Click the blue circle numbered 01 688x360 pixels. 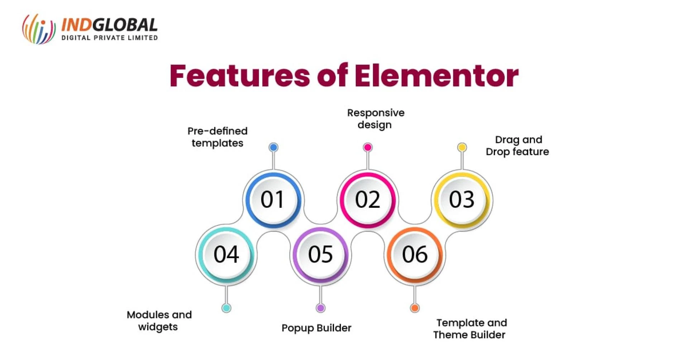pyautogui.click(x=273, y=199)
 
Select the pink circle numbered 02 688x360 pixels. pyautogui.click(x=368, y=199)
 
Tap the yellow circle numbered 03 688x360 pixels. pyautogui.click(x=462, y=199)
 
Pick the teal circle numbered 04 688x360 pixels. pyautogui.click(x=226, y=254)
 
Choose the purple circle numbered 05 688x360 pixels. pyautogui.click(x=320, y=254)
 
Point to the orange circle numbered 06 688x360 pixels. pyautogui.click(x=415, y=254)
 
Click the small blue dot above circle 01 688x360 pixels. pyautogui.click(x=273, y=147)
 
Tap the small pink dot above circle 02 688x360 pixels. pyautogui.click(x=368, y=147)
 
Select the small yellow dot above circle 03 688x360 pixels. pyautogui.click(x=462, y=147)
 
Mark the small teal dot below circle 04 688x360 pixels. pyautogui.click(x=226, y=308)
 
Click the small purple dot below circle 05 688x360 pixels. pyautogui.click(x=320, y=308)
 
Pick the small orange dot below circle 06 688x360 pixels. pyautogui.click(x=415, y=308)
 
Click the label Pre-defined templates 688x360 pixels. pyautogui.click(x=217, y=137)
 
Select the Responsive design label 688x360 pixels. pyautogui.click(x=376, y=119)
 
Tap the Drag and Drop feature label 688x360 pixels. pyautogui.click(x=517, y=146)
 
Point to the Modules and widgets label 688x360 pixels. pyautogui.click(x=159, y=321)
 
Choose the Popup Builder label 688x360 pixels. pyautogui.click(x=316, y=328)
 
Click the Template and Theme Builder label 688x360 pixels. pyautogui.click(x=470, y=329)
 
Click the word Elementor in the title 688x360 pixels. pyautogui.click(x=436, y=76)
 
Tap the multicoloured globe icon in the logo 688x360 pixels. pyautogui.click(x=39, y=29)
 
